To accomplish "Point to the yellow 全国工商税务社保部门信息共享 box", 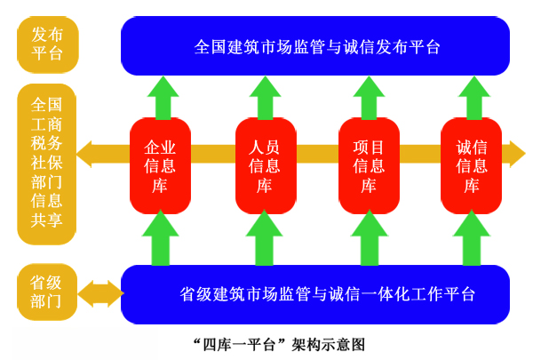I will tap(47, 164).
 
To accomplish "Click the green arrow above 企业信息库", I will tap(162, 97).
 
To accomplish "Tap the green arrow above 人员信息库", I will tap(266, 97).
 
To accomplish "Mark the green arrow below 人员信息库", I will tap(264, 237).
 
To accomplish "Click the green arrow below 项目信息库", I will tap(369, 237).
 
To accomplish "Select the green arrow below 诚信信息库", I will tap(472, 237).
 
